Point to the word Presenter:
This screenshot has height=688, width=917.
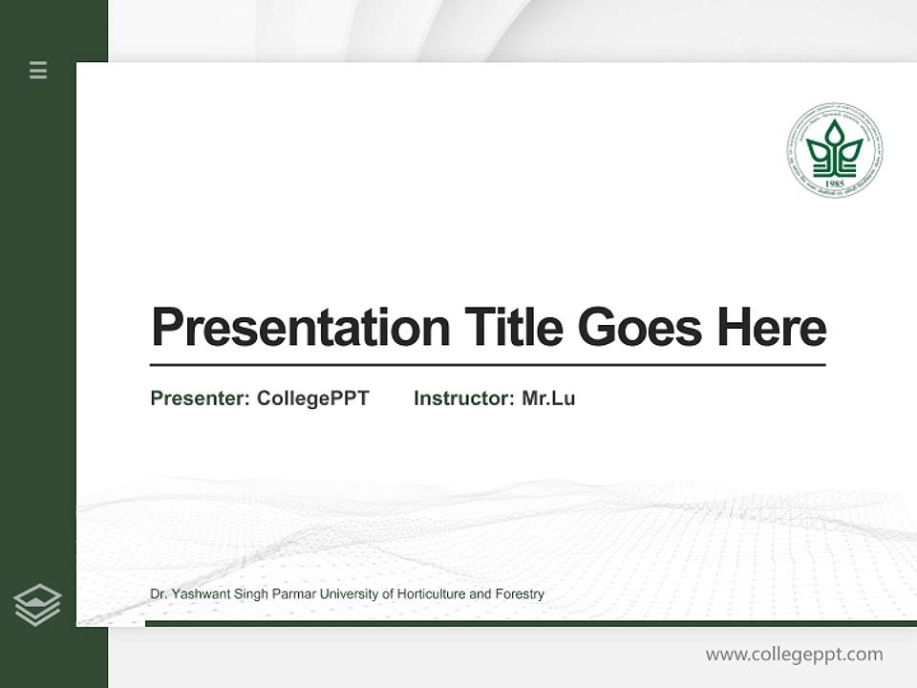click(200, 398)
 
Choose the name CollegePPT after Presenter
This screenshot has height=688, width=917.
click(312, 398)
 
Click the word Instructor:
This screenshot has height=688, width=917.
click(463, 398)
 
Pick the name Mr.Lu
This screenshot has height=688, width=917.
click(548, 398)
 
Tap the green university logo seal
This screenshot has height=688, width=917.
click(835, 151)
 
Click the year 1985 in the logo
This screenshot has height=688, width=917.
click(835, 183)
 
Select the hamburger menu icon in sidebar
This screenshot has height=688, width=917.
click(38, 70)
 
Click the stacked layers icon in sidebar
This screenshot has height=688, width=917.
click(37, 605)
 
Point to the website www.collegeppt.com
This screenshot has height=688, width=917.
click(794, 655)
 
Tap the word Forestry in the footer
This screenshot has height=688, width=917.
click(520, 594)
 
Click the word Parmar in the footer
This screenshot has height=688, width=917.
click(277, 594)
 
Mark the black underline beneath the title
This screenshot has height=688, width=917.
click(487, 365)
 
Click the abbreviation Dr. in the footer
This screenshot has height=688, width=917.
click(159, 594)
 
